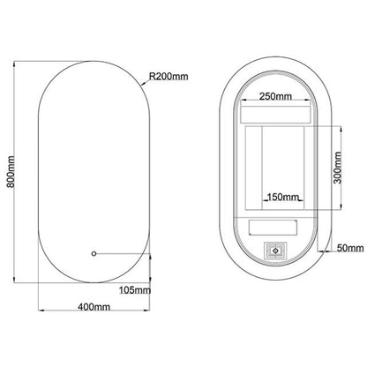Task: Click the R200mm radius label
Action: pos(169,77)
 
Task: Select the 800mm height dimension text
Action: pos(11,172)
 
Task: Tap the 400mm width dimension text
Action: pos(94,307)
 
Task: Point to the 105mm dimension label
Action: pos(135,290)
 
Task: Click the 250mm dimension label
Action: pos(275,96)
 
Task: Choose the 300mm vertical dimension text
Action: pos(338,168)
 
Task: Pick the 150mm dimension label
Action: pos(283,197)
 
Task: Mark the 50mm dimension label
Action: pos(350,248)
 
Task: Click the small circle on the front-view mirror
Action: pos(94,253)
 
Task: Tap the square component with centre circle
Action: pos(275,251)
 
